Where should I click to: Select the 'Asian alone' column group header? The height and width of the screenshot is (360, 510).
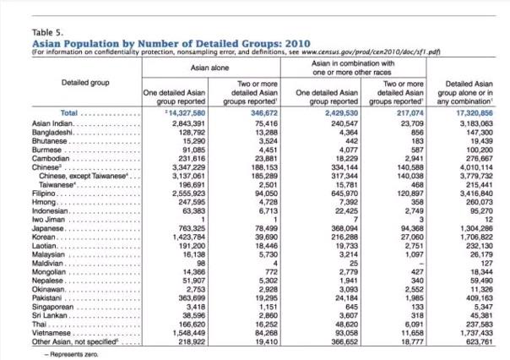(x=210, y=66)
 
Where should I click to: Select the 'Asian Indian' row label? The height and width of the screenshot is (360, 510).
(x=52, y=122)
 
